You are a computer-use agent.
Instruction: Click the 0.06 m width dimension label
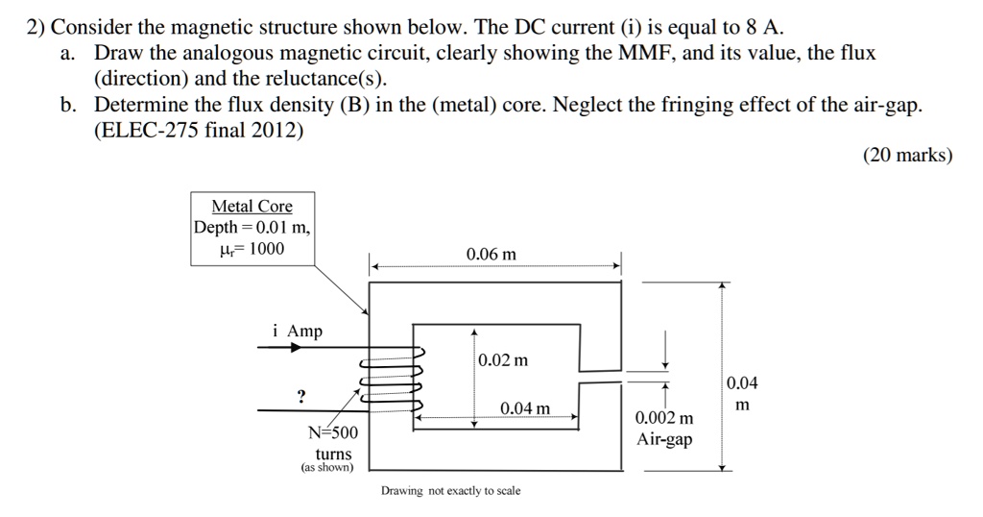coord(491,255)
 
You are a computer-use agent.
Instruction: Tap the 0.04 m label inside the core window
coord(525,408)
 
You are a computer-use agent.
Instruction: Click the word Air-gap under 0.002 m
coord(664,439)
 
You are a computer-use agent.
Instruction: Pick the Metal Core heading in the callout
coord(252,207)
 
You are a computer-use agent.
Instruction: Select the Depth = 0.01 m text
coord(252,228)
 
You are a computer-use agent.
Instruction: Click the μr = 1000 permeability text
coord(252,250)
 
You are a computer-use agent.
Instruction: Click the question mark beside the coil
coord(301,396)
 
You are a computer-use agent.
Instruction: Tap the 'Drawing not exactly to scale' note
coord(450,491)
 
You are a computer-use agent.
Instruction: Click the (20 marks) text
coord(908,156)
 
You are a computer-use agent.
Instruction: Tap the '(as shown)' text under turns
coord(327,468)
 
